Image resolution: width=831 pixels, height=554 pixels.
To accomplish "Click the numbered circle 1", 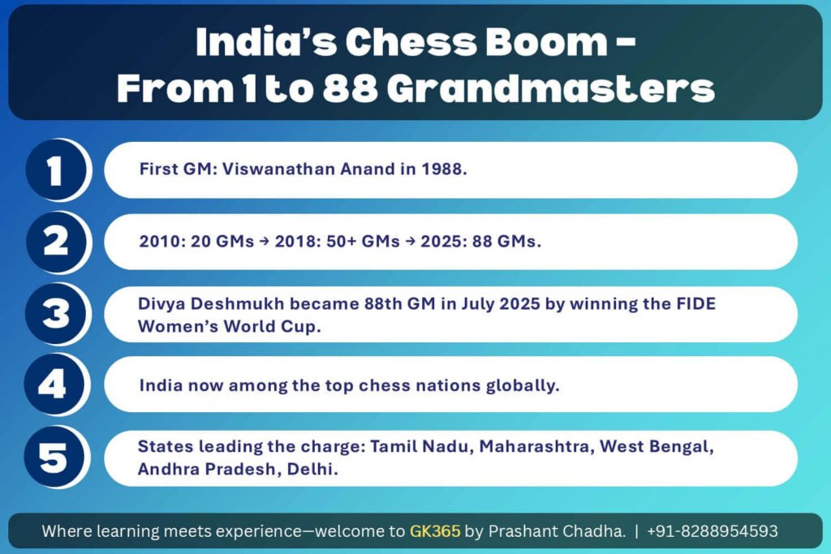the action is click(55, 170).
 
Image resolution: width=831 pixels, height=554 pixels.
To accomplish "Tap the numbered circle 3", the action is click(55, 314).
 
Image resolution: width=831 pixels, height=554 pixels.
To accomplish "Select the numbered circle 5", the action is click(54, 457).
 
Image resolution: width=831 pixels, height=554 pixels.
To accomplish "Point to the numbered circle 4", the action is click(54, 384).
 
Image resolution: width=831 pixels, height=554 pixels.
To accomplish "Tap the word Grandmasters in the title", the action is click(551, 88).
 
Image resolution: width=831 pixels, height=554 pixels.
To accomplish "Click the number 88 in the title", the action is click(350, 88).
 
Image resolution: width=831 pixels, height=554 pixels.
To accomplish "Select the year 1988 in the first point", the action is click(443, 169).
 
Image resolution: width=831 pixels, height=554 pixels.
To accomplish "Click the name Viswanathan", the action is click(278, 169).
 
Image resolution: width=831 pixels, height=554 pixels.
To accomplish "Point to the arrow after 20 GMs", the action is click(264, 242).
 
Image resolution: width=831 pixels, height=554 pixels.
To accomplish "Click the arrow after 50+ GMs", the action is click(410, 242).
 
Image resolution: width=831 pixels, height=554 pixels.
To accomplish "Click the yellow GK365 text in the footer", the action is click(435, 530).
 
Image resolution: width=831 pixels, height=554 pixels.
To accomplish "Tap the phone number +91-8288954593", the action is click(713, 530).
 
